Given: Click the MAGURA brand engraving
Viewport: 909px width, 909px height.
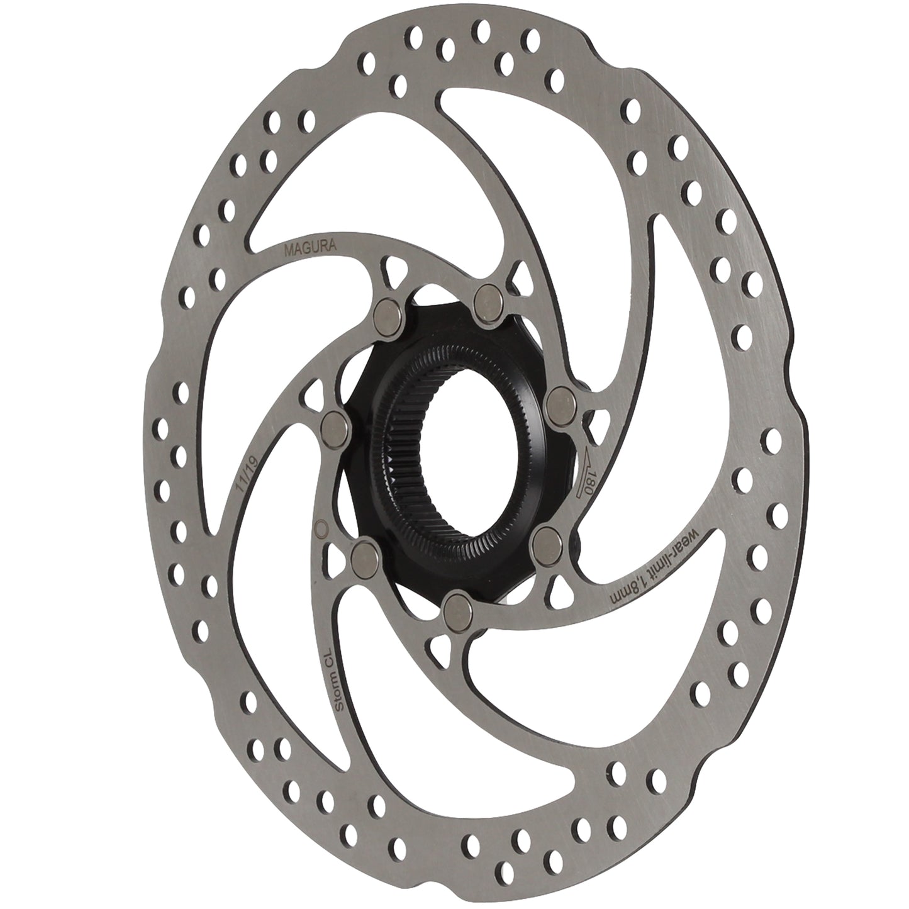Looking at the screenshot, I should tap(311, 248).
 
